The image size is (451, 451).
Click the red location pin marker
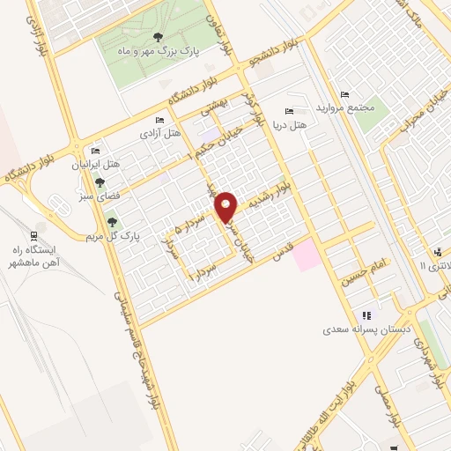click(226, 206)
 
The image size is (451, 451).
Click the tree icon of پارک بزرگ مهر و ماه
click(158, 36)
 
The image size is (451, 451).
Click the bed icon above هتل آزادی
click(159, 121)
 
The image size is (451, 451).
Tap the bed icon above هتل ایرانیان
click(94, 152)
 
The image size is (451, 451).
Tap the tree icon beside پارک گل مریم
click(112, 222)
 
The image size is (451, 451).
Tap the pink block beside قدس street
click(306, 256)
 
